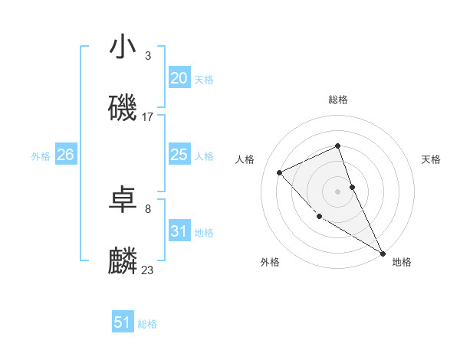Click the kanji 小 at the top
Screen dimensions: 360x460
coord(123,47)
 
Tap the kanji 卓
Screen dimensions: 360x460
coord(123,201)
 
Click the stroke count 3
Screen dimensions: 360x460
coord(148,56)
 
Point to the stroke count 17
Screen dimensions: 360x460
coord(148,117)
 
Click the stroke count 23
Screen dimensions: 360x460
coord(148,270)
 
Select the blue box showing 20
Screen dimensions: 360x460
coord(179,78)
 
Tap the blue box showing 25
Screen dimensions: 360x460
coord(179,155)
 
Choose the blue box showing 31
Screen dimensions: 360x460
coord(179,231)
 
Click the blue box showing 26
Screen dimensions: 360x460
coord(65,155)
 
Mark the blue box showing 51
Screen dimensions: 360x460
coord(123,322)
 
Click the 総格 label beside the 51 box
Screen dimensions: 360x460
coord(147,324)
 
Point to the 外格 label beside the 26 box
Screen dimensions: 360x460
coord(41,156)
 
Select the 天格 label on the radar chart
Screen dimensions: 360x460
coord(432,159)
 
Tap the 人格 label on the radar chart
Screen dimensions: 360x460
coord(245,159)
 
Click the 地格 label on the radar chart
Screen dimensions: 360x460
coord(402,262)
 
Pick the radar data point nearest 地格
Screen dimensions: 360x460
coord(383,253)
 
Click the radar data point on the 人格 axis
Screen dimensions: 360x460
coord(280,172)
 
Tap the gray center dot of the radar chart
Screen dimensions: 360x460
coord(338,191)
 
